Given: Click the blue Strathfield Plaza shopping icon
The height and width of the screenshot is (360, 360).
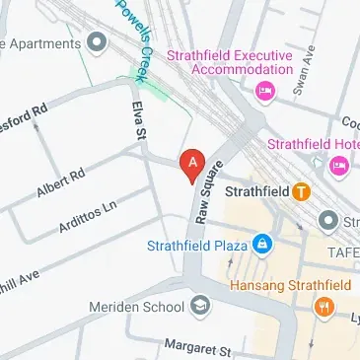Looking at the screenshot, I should [261, 244].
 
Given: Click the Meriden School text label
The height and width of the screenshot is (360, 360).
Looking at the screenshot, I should [146, 306].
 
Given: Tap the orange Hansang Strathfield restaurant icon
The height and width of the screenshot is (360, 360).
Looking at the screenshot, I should [323, 307].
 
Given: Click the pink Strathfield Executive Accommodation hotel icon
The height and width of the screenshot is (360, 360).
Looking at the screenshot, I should [263, 92].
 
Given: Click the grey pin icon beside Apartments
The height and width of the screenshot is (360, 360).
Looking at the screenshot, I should [97, 42].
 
